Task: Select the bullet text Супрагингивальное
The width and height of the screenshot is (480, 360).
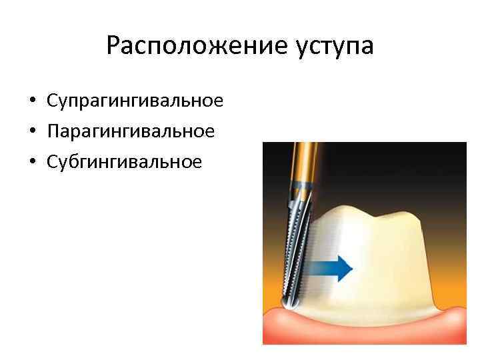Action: click(x=135, y=102)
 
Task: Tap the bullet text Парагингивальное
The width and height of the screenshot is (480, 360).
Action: click(x=131, y=132)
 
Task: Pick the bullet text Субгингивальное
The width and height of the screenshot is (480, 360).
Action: click(x=124, y=162)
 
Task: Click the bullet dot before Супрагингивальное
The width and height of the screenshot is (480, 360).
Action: click(x=32, y=102)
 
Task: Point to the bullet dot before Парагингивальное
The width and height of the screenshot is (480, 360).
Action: click(x=32, y=132)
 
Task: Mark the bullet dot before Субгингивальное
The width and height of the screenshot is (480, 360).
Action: click(x=32, y=162)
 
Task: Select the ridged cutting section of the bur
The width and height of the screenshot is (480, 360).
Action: click(x=294, y=253)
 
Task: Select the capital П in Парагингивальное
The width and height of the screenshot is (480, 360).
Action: click(x=53, y=131)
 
